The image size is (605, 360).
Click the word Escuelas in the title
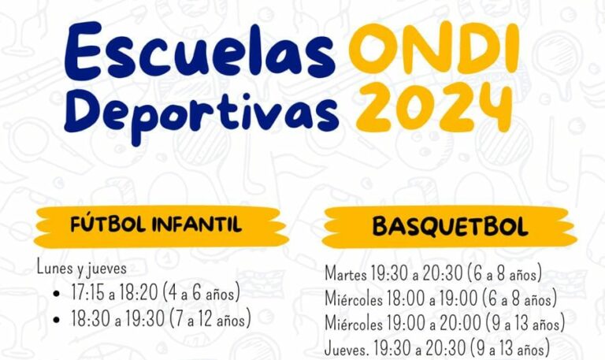(199, 51)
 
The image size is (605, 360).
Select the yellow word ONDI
(434, 49)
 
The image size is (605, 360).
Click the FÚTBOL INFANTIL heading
(156, 225)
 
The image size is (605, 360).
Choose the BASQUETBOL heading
(450, 228)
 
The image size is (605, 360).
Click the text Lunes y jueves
(82, 268)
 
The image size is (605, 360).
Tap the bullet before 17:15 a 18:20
(57, 294)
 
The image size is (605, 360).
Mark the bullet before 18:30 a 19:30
(57, 320)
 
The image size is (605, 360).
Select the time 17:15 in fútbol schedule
(87, 293)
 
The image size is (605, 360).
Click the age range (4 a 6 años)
(202, 293)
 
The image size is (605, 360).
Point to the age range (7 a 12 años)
(210, 319)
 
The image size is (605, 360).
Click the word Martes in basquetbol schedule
(346, 274)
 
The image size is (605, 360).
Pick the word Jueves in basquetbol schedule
(344, 349)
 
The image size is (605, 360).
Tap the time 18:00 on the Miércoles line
(406, 299)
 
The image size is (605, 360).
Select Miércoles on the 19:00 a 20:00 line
(354, 323)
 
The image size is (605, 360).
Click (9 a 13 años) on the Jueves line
(510, 349)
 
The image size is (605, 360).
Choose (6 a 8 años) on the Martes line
(504, 274)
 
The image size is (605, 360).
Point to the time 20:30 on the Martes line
(442, 274)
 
